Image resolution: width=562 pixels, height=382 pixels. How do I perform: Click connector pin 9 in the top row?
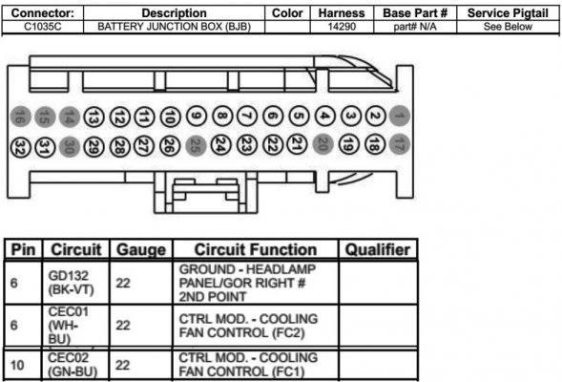(x=197, y=117)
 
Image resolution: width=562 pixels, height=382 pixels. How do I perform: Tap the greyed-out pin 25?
(x=196, y=146)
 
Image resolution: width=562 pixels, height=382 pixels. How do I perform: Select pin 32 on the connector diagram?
(x=21, y=147)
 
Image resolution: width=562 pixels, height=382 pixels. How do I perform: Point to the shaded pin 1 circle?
(x=399, y=116)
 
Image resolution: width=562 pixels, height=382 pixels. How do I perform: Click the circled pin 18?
(x=375, y=144)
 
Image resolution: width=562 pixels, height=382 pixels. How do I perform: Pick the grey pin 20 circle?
(x=323, y=144)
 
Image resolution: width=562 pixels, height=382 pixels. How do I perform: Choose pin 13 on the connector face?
(x=94, y=117)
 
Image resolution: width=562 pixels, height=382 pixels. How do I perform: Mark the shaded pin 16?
(x=21, y=117)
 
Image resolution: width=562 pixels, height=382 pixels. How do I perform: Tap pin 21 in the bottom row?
(x=297, y=144)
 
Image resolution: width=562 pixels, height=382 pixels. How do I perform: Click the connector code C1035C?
(x=42, y=27)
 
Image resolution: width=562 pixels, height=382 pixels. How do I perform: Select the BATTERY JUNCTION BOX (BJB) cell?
(x=175, y=27)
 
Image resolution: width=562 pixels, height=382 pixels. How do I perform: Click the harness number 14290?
(x=342, y=27)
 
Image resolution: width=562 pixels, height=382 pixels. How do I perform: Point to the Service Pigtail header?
(x=508, y=13)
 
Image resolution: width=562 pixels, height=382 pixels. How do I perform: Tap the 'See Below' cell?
(x=508, y=27)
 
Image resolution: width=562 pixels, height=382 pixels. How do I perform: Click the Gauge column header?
(x=141, y=249)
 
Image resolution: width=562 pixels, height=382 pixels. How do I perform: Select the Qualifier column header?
(x=378, y=249)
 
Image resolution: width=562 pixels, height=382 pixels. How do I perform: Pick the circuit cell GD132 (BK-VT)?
(x=71, y=283)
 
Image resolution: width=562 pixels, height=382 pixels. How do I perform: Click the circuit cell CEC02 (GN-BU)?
(x=73, y=365)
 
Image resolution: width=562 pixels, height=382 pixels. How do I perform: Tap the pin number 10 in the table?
(x=17, y=365)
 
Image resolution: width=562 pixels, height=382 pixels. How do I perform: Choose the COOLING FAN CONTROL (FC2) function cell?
(x=248, y=326)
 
